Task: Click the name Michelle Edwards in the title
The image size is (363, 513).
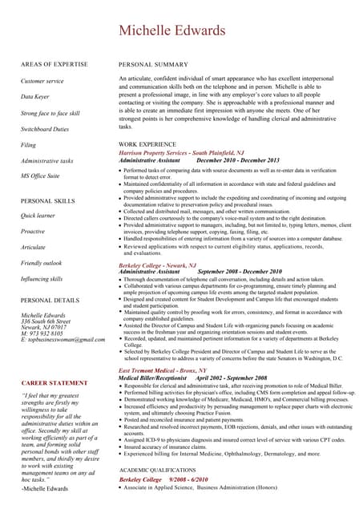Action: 180,30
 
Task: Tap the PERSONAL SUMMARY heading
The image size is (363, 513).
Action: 153,63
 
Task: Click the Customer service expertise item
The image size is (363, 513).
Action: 42,81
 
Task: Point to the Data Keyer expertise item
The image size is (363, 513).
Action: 36,97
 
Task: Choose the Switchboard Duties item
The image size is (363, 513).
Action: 45,129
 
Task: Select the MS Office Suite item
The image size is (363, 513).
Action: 40,176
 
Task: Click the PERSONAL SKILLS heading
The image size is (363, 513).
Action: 48,200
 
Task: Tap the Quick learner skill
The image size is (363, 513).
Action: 38,216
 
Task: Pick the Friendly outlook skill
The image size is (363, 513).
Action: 41,263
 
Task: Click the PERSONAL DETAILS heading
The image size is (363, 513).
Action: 50,300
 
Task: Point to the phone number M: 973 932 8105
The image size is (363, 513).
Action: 44,333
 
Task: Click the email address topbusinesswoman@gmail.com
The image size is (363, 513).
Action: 63,340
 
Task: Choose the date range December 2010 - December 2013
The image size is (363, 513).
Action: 238,160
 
